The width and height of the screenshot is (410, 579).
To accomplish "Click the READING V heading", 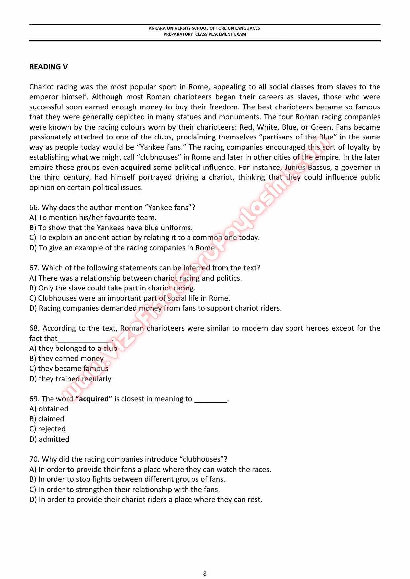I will click(x=49, y=67).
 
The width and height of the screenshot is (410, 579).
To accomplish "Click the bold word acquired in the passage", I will click(x=136, y=168).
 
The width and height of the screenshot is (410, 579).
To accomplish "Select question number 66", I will click(x=34, y=208).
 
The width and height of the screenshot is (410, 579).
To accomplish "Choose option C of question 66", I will click(x=145, y=238).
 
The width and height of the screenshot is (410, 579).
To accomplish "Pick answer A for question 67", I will click(x=135, y=278).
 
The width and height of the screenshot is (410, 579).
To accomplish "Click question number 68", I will click(x=34, y=328).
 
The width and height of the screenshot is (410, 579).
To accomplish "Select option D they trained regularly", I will click(x=70, y=379).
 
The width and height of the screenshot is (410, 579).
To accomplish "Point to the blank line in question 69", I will click(x=211, y=400).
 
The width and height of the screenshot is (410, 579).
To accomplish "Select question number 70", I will click(x=34, y=459).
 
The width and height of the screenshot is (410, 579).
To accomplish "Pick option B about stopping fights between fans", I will click(x=127, y=479).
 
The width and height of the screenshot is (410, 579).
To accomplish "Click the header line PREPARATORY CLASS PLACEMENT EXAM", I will click(x=205, y=34).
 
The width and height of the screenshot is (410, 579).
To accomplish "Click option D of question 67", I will click(x=155, y=308).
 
